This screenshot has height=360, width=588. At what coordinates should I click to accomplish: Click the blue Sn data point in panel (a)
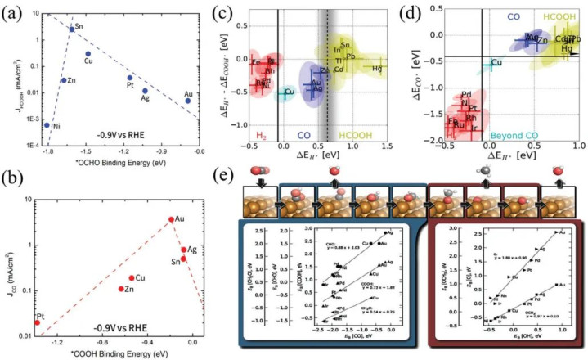[71, 29]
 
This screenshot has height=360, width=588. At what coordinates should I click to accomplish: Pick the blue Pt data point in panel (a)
[130, 79]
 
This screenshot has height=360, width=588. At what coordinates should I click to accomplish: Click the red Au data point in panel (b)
[170, 219]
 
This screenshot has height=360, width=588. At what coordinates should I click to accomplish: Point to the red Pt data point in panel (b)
[37, 323]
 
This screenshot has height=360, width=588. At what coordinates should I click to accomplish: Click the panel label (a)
[14, 11]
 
